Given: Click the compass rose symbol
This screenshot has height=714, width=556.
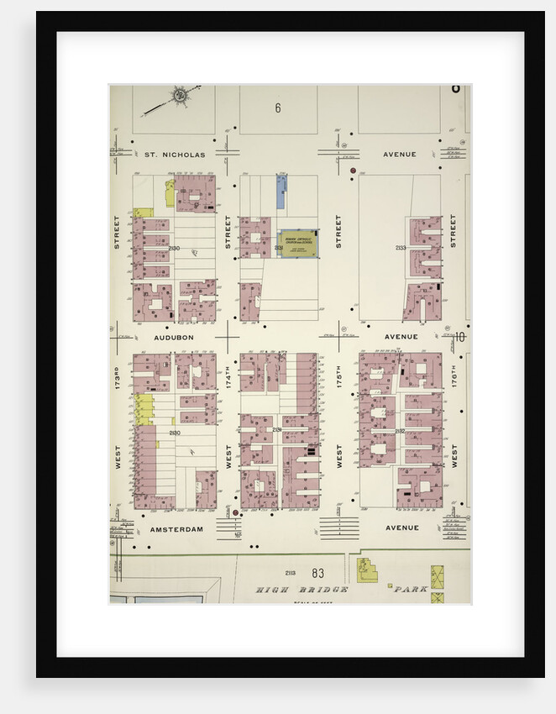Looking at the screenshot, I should (x=179, y=95).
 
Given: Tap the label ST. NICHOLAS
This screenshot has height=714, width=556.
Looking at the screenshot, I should (x=174, y=155).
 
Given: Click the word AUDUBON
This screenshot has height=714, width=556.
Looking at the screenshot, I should (x=174, y=337).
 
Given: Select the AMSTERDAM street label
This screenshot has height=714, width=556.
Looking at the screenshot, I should (x=176, y=529).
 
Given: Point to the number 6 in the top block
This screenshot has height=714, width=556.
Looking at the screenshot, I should (x=277, y=108).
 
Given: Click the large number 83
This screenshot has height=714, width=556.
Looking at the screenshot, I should (x=317, y=573).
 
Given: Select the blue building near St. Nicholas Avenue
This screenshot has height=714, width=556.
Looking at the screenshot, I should (x=281, y=192).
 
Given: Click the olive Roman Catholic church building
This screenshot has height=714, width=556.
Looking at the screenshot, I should (x=299, y=244).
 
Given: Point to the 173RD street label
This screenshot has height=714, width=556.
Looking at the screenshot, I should (x=117, y=375).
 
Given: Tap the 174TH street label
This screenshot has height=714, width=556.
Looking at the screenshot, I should (x=228, y=375).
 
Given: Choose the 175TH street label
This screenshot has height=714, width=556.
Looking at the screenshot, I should (x=339, y=375).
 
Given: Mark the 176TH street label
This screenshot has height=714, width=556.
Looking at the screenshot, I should (x=454, y=375).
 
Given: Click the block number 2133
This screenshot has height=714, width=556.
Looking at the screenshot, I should (x=401, y=248).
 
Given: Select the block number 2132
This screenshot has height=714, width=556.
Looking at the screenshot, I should (x=400, y=432).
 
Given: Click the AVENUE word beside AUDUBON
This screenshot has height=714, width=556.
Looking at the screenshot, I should (x=401, y=337).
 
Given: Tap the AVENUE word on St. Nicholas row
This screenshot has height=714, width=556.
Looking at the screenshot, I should (x=400, y=155).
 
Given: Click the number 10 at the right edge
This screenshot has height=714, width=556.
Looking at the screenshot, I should (x=459, y=337).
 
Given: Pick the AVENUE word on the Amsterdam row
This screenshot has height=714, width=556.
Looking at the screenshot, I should (x=402, y=528).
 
